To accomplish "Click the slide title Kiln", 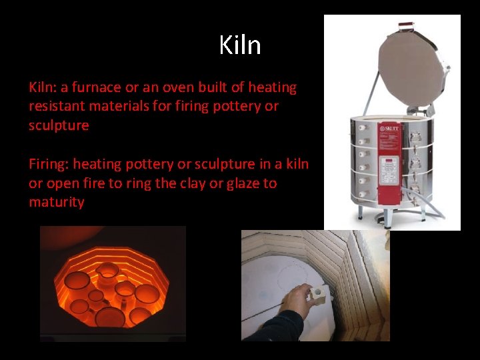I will [240, 45].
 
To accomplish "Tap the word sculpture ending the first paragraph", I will [59, 125].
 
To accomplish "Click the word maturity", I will [56, 202].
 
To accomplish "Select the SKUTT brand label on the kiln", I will [389, 128].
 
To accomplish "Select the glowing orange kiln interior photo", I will [112, 283].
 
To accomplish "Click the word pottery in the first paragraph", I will [239, 107].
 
